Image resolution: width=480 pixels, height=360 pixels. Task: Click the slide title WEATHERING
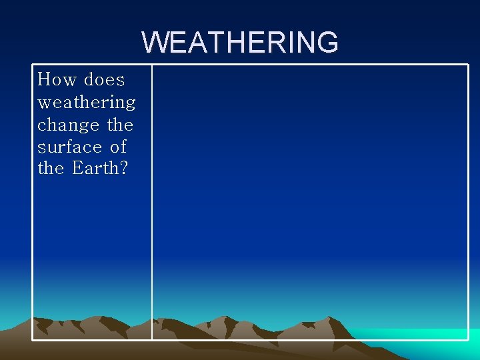point(240,43)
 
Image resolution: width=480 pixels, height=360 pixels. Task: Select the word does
point(104,80)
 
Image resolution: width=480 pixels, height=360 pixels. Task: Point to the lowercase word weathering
point(87,103)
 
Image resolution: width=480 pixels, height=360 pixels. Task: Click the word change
point(68,125)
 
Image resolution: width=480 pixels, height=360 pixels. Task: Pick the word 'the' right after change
point(120,125)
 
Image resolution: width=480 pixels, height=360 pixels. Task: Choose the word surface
point(68,147)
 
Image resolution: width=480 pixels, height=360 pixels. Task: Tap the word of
point(118,147)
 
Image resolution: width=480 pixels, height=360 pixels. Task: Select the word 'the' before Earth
point(51,169)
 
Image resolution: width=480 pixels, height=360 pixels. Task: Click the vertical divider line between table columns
point(152,200)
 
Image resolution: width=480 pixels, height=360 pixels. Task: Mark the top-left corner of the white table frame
point(33,65)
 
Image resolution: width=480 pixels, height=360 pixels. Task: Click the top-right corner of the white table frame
point(469,65)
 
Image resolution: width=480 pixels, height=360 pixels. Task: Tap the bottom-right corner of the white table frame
point(469,340)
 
